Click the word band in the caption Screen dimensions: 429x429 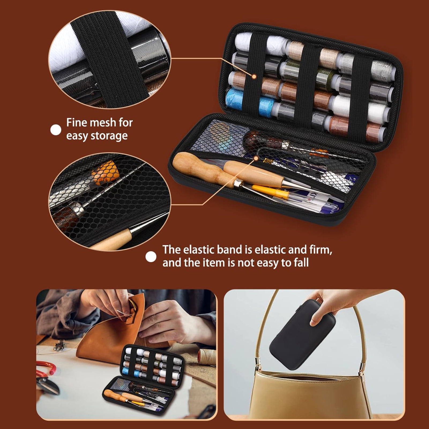tap(229, 250)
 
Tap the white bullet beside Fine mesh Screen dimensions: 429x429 tap(56, 130)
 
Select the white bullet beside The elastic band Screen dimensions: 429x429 tap(151, 257)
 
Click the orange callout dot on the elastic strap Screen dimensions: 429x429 tap(254, 77)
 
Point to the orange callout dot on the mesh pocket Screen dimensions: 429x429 tap(256, 158)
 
